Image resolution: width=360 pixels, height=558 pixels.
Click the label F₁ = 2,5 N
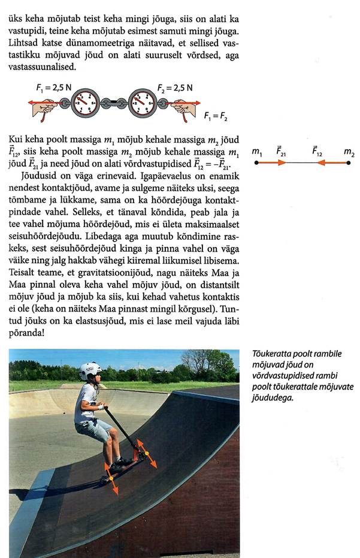54,87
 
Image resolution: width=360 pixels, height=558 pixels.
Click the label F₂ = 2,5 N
175,88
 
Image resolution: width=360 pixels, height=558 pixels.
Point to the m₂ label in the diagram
349,153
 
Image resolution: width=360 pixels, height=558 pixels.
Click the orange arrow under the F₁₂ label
332,163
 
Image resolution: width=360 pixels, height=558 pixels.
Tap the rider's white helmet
90,370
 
